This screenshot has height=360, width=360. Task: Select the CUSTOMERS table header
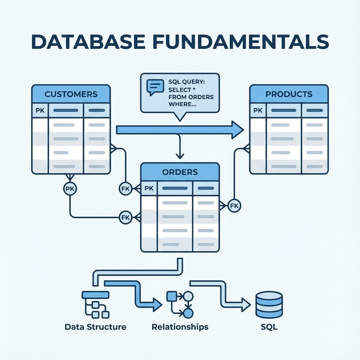click(x=71, y=94)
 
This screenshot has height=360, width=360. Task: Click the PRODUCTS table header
click(x=289, y=94)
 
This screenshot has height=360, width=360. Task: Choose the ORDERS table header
click(x=180, y=172)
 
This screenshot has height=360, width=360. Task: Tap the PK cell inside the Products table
click(x=258, y=110)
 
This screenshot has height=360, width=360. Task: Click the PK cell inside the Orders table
click(x=149, y=188)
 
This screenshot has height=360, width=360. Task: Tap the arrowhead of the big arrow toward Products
click(x=237, y=130)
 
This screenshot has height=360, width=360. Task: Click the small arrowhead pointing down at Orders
click(x=180, y=155)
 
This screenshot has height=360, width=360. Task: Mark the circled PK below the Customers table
click(x=70, y=188)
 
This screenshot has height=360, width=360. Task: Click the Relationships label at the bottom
click(x=180, y=327)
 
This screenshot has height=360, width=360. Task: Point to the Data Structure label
click(x=96, y=327)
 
